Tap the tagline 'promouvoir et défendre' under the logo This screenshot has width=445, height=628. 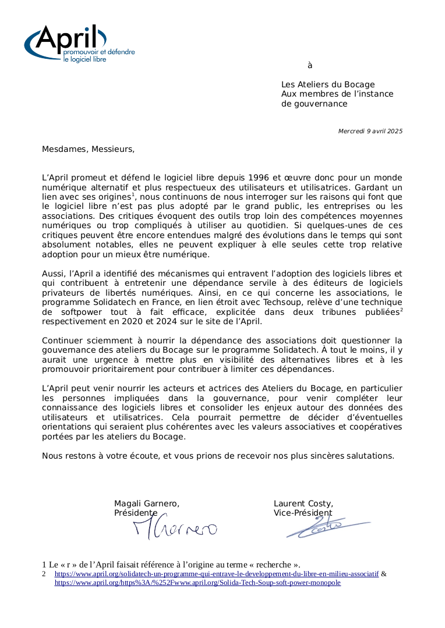98,52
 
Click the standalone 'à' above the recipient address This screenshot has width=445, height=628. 310,65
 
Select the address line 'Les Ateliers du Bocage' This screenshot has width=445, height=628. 328,84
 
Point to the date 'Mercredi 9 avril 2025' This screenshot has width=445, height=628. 370,131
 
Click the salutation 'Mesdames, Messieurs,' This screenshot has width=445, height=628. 88,149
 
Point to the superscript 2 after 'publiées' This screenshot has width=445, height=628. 401,310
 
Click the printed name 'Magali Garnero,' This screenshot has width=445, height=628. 147,503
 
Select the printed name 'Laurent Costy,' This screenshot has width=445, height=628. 303,503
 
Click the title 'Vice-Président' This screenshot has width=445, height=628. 303,513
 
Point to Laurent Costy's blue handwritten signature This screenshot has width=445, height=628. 326,527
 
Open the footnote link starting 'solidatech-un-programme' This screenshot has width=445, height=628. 216,573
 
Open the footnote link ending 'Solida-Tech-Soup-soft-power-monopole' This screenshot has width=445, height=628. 197,582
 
